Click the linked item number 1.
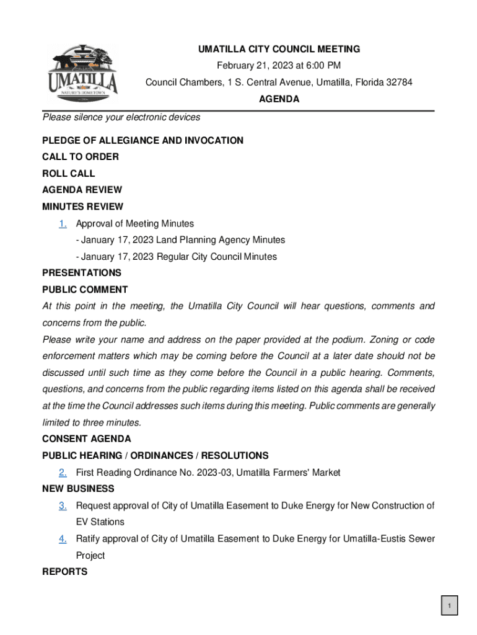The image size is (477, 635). point(63,223)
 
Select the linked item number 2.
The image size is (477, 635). point(63,473)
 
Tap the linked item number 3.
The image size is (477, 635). point(63,505)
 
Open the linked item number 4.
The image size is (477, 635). point(63,539)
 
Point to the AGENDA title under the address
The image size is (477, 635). point(279,99)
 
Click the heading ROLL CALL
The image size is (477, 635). point(68,174)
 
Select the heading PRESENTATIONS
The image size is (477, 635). point(82,273)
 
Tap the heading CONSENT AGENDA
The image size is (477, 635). point(86,439)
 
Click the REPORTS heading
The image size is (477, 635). point(64,572)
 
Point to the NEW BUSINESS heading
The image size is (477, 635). point(78,489)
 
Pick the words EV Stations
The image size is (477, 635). point(100,522)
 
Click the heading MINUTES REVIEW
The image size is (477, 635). point(82,206)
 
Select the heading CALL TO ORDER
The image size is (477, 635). point(81,157)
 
